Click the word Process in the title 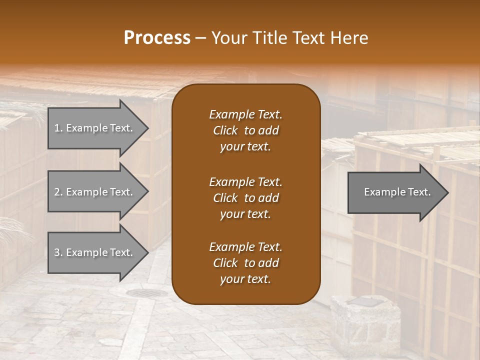[157, 38]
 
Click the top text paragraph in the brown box [245, 130]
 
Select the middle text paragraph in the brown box [245, 197]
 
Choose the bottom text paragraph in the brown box [245, 263]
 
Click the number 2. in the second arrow [58, 192]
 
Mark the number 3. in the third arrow [58, 252]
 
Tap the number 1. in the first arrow [58, 128]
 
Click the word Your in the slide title [228, 38]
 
